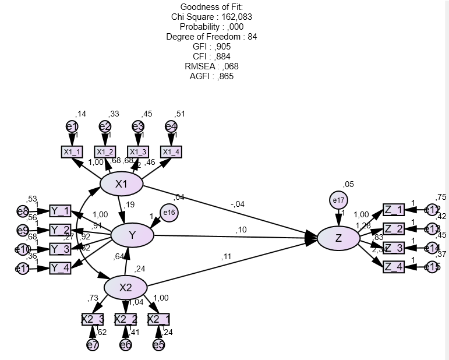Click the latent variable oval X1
121,185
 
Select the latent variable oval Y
132,235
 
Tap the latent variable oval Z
338,238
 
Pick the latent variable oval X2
125,287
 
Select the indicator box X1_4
171,152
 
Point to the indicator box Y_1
60,211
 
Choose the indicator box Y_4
60,268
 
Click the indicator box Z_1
394,210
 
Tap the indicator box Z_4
394,267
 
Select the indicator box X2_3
93,319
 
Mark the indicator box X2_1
158,319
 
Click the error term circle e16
169,213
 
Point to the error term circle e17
338,200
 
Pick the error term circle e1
72,126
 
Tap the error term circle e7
93,344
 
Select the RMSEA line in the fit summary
211,66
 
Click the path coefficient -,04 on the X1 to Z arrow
238,204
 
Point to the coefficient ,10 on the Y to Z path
241,230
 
